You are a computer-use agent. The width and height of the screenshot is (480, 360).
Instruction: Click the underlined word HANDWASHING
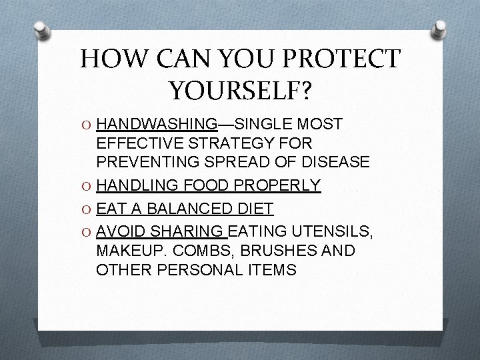click(157, 124)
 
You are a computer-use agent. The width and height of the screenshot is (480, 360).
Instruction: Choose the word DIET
click(255, 209)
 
